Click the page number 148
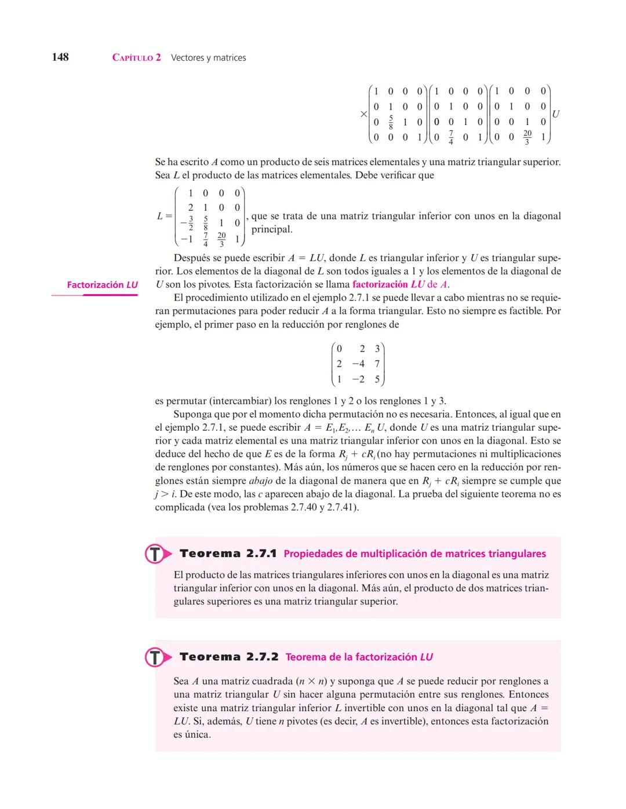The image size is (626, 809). coord(60,57)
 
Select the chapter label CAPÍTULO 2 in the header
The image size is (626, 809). coord(137,58)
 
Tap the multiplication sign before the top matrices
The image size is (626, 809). coord(363,114)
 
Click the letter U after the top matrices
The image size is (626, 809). coord(556,114)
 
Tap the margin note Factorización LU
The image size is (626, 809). coord(102,285)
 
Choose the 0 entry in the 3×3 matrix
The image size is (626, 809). coord(339,349)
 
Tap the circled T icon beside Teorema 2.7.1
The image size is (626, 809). coord(155,554)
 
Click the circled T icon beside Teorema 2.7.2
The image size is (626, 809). coord(155,657)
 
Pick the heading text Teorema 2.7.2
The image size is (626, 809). coord(229,657)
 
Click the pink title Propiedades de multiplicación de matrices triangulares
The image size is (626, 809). coord(414,554)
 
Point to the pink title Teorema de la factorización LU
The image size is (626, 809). coord(359,657)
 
